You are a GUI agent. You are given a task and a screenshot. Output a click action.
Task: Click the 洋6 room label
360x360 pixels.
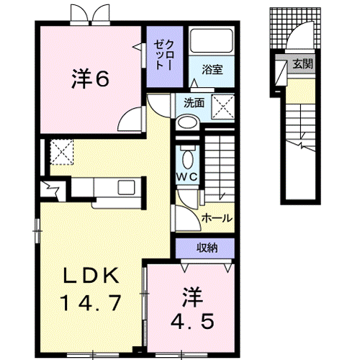[90, 78]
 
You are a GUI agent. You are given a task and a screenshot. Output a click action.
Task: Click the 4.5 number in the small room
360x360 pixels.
[192, 318]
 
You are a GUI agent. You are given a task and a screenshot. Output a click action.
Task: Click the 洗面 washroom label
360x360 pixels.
[193, 103]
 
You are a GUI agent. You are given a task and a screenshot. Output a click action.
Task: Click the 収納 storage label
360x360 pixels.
[207, 248]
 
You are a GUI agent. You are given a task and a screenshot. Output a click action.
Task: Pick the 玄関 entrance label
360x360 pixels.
[302, 64]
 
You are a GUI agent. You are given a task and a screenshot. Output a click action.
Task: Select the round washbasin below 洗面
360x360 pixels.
[186, 123]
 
